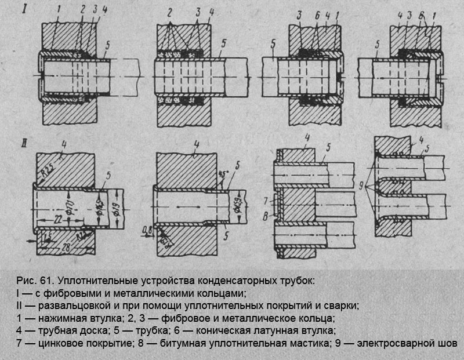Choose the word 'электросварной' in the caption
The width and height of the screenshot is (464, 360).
[394, 343]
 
